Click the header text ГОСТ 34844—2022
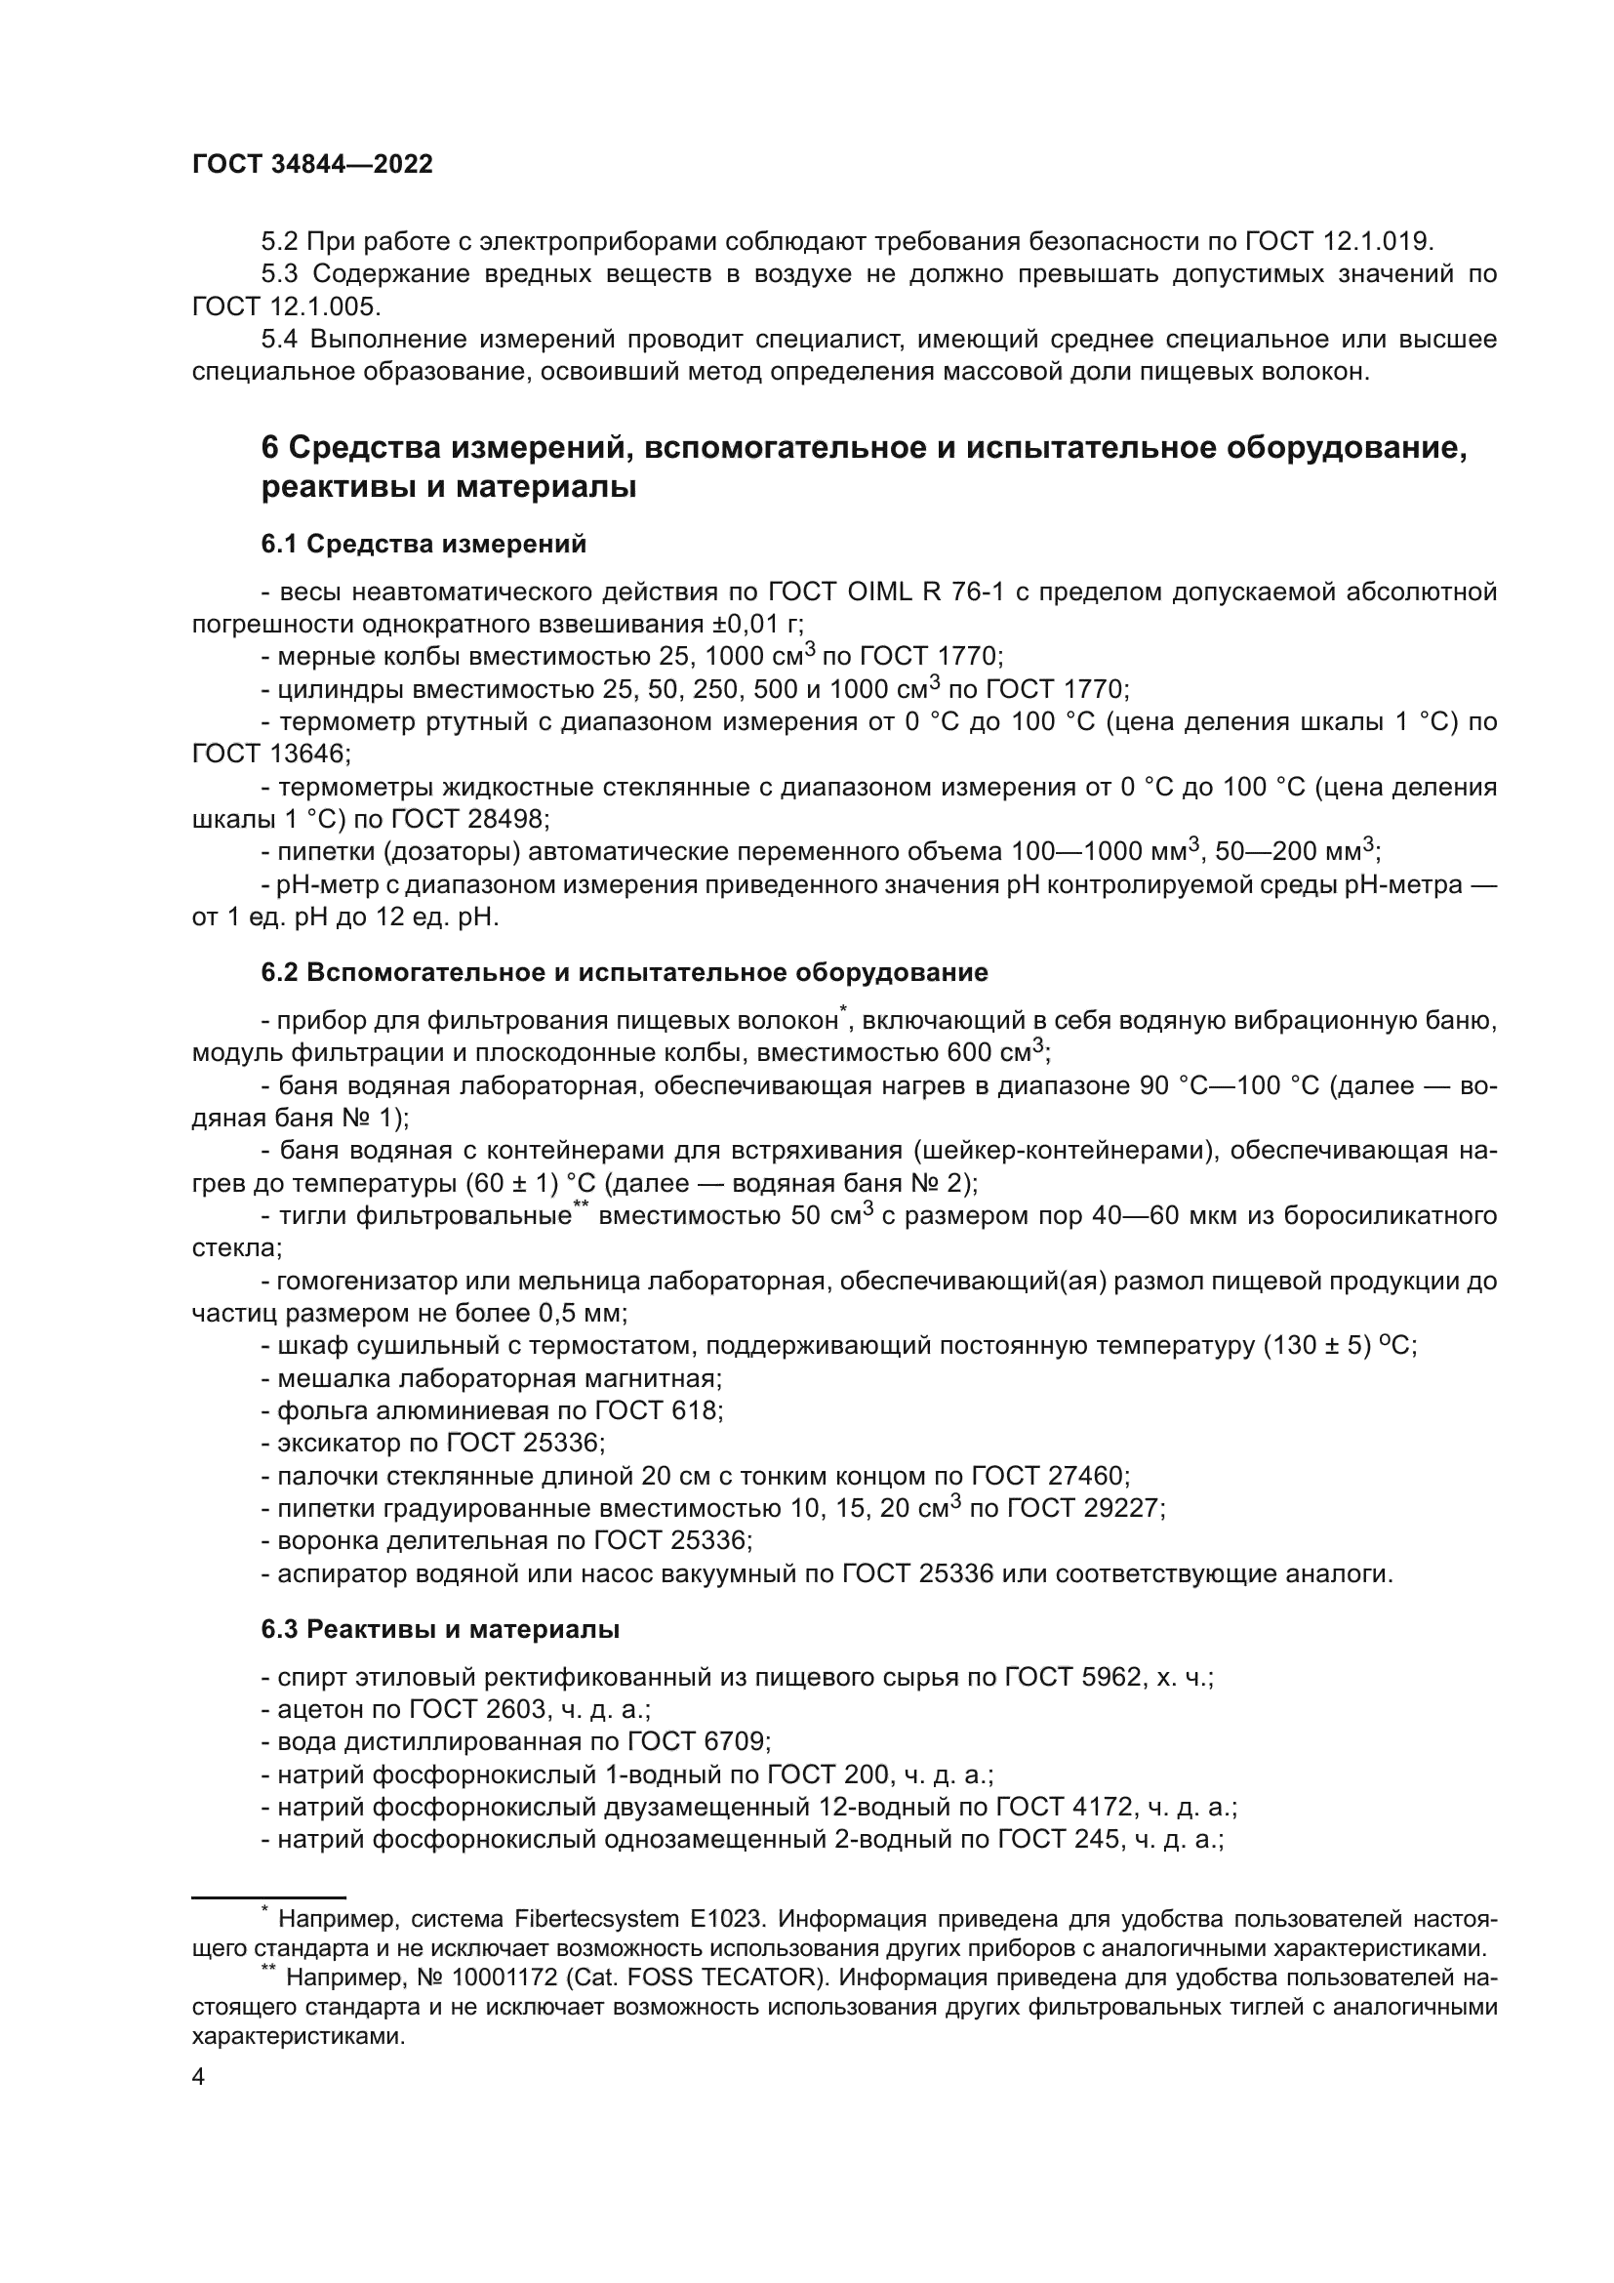pos(312,165)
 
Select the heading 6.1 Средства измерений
pos(424,544)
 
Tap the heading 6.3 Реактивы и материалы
pos(440,1630)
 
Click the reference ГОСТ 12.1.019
pos(1336,242)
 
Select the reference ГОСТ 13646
pos(270,754)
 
